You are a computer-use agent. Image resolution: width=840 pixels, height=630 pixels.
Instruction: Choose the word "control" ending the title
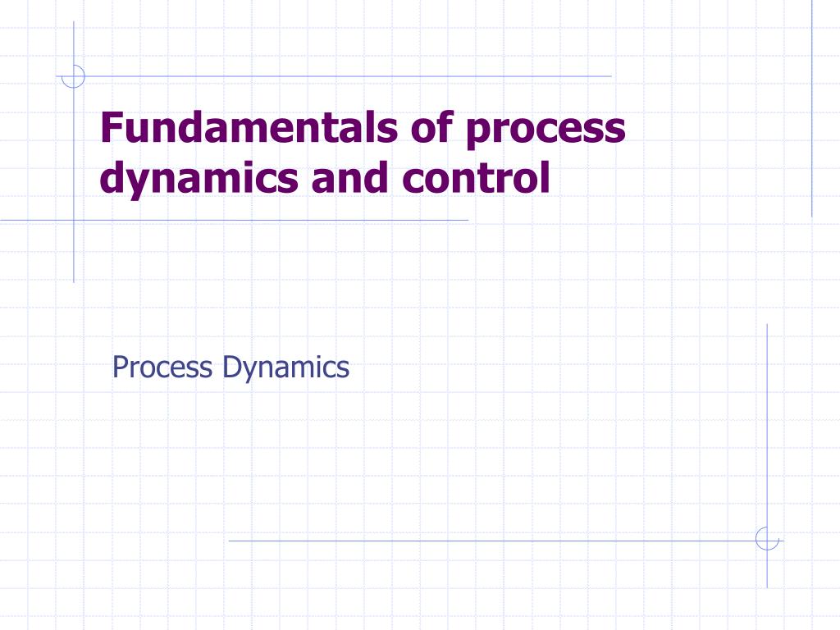click(x=476, y=179)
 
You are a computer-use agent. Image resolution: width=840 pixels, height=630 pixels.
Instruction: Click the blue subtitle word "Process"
click(x=162, y=367)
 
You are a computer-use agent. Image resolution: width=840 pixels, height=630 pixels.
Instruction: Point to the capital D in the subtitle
click(x=231, y=367)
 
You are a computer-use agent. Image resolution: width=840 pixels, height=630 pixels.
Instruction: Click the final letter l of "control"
click(x=544, y=177)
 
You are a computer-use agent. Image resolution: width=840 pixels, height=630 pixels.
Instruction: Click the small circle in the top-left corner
click(x=74, y=76)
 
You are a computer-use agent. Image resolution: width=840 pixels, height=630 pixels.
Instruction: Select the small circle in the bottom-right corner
click(x=767, y=539)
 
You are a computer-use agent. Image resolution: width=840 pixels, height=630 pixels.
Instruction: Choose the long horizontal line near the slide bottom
click(x=492, y=541)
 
